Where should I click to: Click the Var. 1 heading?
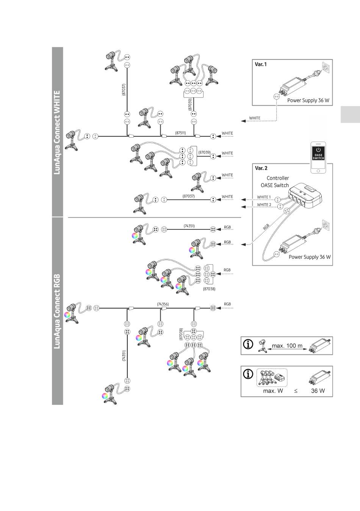(x=261, y=64)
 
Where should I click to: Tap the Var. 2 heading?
(x=261, y=168)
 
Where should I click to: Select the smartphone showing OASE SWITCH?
(x=318, y=157)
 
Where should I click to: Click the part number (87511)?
(x=180, y=133)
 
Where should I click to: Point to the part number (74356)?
(x=163, y=304)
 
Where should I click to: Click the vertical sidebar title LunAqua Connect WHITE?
(x=57, y=133)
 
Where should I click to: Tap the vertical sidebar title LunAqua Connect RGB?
(x=57, y=311)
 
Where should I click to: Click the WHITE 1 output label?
(x=264, y=197)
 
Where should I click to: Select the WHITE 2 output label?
(x=264, y=205)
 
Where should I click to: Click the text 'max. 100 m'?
(x=287, y=346)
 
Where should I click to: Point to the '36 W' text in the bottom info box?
(x=318, y=391)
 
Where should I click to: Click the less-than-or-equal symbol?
(x=296, y=391)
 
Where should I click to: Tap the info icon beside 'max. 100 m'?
(x=248, y=345)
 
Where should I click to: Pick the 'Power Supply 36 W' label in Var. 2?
(x=309, y=257)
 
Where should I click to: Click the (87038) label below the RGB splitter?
(x=209, y=289)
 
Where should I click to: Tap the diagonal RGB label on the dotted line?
(x=266, y=227)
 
